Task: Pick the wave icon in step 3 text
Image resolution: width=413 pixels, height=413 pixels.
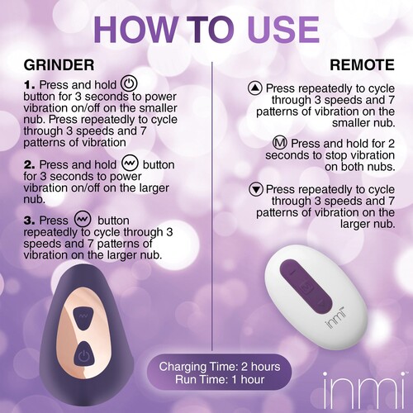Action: tap(82, 220)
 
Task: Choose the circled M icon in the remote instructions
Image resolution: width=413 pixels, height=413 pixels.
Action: tap(281, 142)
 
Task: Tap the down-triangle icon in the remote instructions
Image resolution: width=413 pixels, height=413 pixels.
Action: tap(255, 188)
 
